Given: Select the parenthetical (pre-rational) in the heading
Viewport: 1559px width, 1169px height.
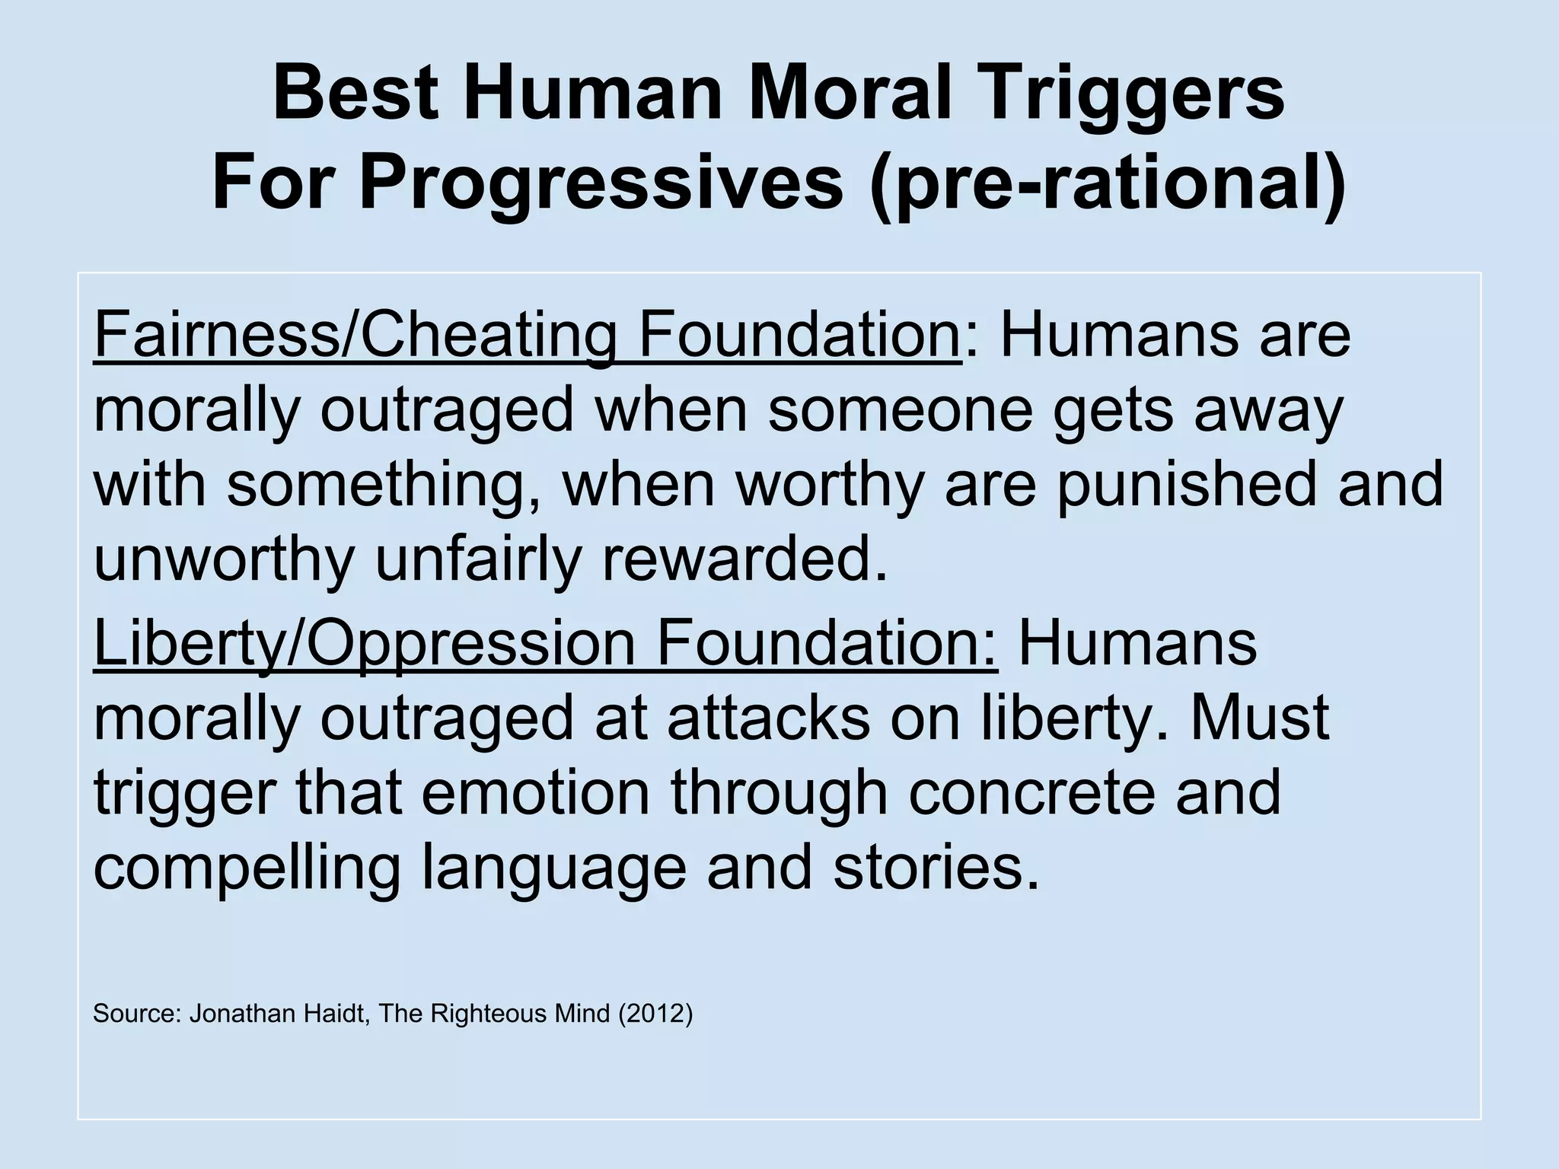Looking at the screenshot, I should (x=1108, y=185).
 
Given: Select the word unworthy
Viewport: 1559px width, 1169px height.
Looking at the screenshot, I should (x=224, y=559).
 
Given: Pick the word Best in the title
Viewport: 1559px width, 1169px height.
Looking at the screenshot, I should (x=355, y=95).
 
